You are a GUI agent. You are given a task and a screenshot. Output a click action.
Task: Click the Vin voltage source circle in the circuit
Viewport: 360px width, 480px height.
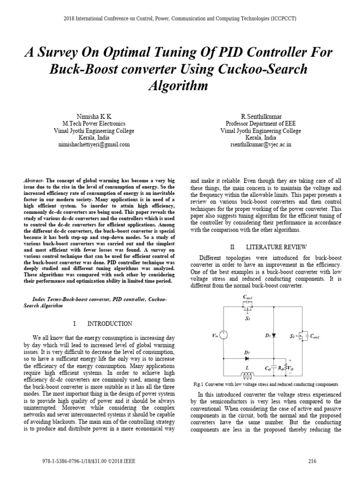click(224, 335)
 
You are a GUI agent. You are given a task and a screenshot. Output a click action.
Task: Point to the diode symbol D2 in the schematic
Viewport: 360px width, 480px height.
click(274, 335)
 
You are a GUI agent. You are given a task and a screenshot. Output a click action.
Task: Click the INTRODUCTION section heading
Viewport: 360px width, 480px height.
click(110, 323)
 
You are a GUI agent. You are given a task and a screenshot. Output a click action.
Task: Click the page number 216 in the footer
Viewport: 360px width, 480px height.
click(312, 461)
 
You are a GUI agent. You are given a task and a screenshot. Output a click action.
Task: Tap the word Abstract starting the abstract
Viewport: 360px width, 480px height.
click(33, 180)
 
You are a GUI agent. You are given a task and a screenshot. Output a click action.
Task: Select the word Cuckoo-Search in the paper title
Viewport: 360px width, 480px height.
click(269, 69)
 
